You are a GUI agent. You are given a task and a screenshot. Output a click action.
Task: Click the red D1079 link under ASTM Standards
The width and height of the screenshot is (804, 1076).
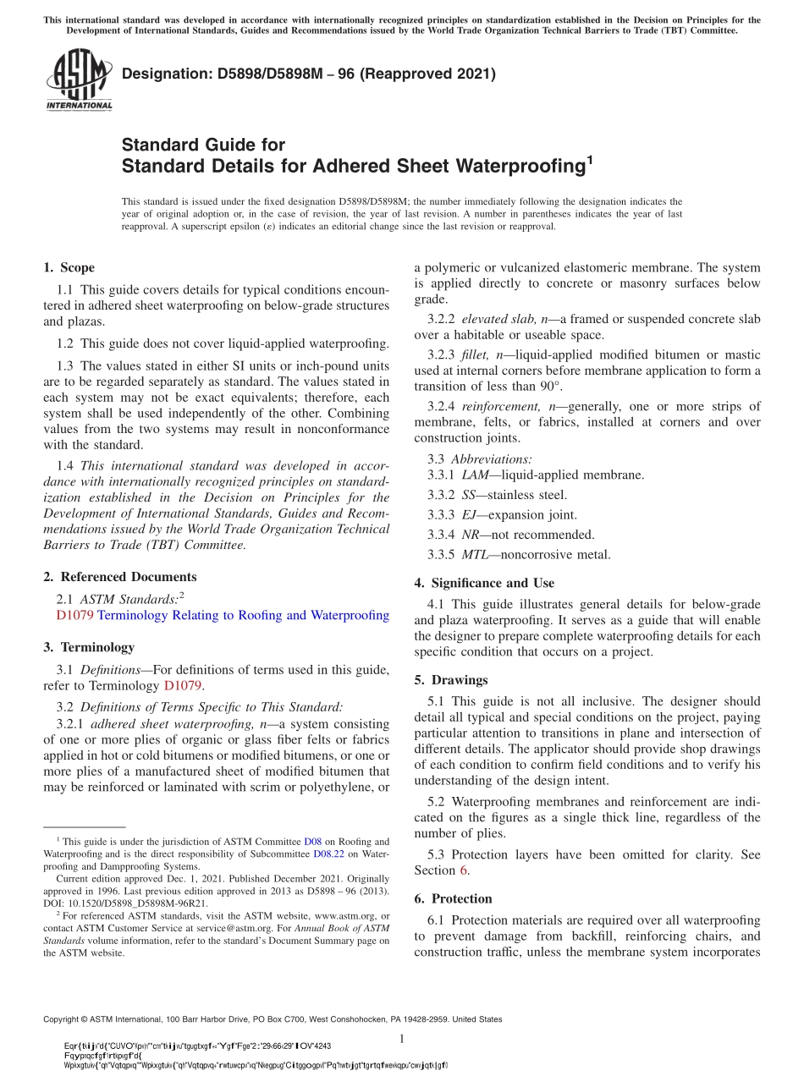[x=69, y=615]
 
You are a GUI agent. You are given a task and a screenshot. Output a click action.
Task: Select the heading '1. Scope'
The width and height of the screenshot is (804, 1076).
[x=69, y=267]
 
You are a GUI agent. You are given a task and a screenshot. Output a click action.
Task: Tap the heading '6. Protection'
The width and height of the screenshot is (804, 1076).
[x=453, y=898]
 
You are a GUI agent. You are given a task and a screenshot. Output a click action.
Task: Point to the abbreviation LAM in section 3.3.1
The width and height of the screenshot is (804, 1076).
[x=475, y=475]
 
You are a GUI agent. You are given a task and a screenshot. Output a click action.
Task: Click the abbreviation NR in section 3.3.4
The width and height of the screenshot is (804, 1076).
[x=471, y=535]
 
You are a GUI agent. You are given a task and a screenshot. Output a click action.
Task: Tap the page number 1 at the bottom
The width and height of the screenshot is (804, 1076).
[x=402, y=1038]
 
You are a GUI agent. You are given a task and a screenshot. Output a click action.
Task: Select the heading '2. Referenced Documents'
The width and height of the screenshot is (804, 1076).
[x=119, y=577]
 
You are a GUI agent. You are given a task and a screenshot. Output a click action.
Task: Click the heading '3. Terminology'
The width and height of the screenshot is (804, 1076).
[x=89, y=647]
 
